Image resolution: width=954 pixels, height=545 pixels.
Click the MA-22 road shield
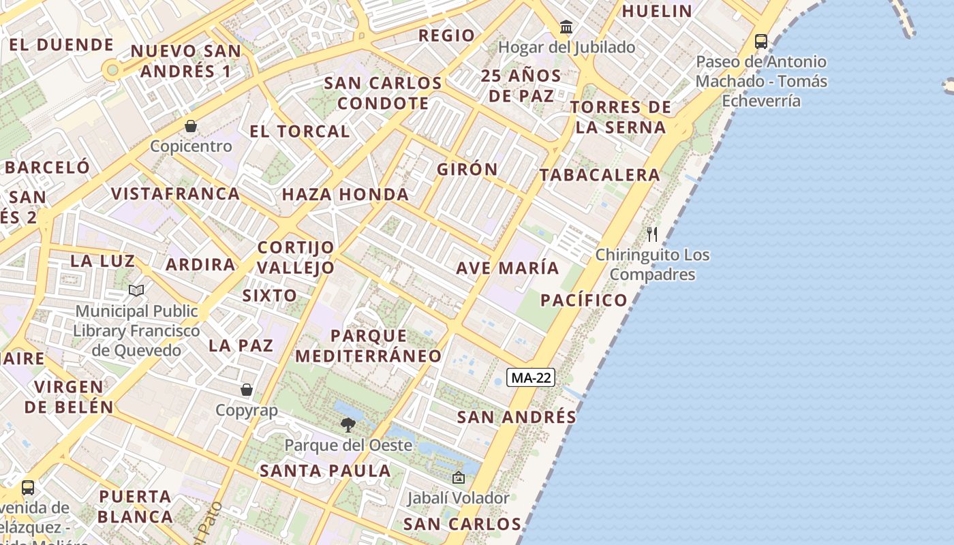tap(531, 377)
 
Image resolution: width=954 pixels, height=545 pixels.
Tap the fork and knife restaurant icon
tap(652, 234)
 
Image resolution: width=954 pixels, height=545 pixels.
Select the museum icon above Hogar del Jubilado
tap(566, 27)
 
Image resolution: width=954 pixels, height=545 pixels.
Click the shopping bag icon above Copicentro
tap(191, 126)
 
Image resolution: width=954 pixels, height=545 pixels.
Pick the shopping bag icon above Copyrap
tap(247, 390)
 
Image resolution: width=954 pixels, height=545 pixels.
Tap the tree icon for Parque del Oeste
tap(348, 425)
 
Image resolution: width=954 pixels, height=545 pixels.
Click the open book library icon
tap(136, 291)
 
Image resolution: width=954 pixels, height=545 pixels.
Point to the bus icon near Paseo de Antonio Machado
tap(761, 42)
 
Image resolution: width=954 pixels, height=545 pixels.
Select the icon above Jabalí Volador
tap(458, 478)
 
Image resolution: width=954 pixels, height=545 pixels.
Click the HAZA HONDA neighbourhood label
tap(345, 194)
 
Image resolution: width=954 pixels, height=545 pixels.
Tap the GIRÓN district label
tap(467, 170)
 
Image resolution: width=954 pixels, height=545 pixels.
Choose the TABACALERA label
tap(600, 175)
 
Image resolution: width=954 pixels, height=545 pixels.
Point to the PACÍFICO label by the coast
tap(584, 300)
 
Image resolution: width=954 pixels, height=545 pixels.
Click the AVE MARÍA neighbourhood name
tap(508, 268)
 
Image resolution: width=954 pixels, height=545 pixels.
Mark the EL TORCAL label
tap(300, 131)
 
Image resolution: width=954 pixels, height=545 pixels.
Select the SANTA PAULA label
tap(326, 471)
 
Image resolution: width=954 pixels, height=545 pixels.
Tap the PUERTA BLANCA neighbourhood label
tap(135, 506)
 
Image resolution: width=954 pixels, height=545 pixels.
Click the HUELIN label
tap(657, 11)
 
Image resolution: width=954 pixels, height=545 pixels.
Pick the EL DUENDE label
tap(61, 45)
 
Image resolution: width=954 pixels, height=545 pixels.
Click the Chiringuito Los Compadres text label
tap(652, 265)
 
